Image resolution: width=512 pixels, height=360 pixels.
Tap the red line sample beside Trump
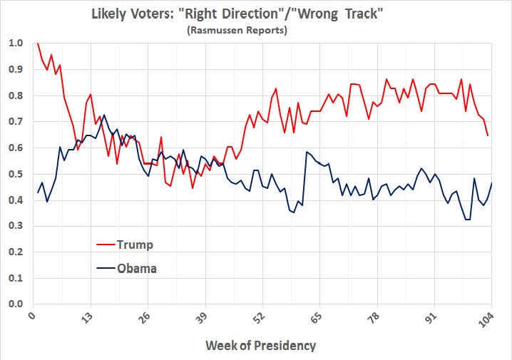(x=108, y=245)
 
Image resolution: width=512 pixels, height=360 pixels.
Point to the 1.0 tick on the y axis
(x=16, y=43)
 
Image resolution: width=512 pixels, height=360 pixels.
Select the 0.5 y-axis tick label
(x=16, y=174)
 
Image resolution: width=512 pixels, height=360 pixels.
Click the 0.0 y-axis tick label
(x=16, y=304)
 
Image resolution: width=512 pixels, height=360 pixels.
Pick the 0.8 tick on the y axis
(x=16, y=96)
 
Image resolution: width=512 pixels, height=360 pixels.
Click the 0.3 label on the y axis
(x=16, y=226)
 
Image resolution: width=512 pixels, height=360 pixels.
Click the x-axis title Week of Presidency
(x=260, y=346)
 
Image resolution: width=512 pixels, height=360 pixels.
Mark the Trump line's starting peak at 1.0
(x=37, y=43)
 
